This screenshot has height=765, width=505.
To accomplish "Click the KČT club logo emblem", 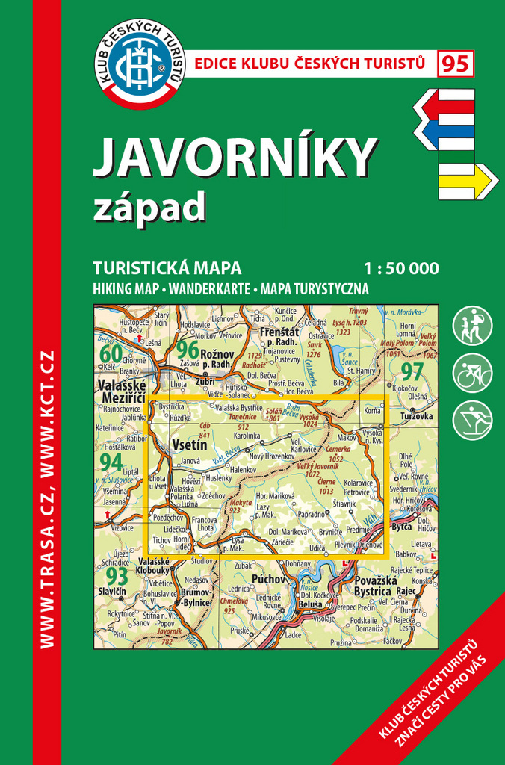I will tap(141, 64).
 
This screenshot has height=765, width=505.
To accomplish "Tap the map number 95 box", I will tap(455, 64).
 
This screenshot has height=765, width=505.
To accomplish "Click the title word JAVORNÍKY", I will tap(235, 158).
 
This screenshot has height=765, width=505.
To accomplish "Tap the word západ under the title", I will tap(149, 208).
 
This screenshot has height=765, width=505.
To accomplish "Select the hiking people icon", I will tap(472, 326).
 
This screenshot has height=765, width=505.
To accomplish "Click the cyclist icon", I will tap(472, 373).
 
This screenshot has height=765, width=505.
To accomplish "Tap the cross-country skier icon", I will tap(472, 420).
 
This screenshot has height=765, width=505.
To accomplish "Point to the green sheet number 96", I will tap(188, 349).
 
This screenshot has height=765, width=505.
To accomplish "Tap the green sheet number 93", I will tap(117, 576).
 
